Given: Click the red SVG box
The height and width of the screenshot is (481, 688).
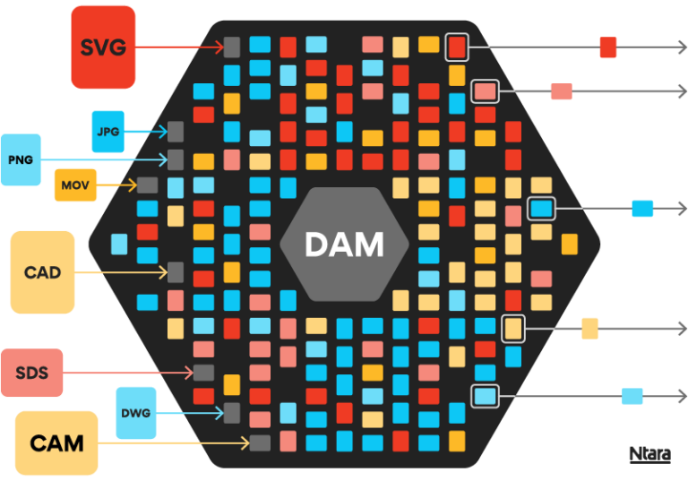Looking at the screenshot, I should point(103,47).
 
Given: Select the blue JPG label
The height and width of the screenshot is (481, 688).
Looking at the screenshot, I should point(108,133).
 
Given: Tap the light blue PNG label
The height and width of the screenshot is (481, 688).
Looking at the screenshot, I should point(21,159).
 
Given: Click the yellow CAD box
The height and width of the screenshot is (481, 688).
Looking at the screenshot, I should point(42,271).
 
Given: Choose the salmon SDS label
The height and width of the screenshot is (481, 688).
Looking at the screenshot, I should point(31,373).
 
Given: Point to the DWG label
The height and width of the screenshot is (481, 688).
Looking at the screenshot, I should point(136,413).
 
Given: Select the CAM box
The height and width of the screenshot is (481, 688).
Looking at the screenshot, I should point(56,442).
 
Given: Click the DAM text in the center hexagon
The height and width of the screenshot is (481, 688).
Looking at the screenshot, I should point(344,245).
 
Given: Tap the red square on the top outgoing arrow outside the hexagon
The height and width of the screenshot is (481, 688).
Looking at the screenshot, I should point(608,47).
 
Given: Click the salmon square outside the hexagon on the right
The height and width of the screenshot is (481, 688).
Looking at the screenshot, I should point(562,90).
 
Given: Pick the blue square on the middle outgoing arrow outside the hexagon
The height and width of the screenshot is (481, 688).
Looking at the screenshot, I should point(642,209).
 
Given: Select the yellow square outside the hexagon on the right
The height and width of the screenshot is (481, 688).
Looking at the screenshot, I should point(590,329).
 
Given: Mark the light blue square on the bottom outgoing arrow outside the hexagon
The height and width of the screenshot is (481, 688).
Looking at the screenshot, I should point(632,396).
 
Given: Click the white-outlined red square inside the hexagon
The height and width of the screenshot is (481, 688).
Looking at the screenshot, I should point(457,47).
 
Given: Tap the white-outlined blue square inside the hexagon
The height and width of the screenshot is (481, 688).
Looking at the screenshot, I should point(541,209).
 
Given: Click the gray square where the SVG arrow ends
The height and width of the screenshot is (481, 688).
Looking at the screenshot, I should point(232,47).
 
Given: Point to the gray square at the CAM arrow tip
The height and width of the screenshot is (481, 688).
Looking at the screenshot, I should point(260,442).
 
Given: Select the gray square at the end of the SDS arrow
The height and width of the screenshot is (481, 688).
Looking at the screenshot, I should point(203,373).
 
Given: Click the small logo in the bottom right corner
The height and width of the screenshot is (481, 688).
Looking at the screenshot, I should point(649,454).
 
